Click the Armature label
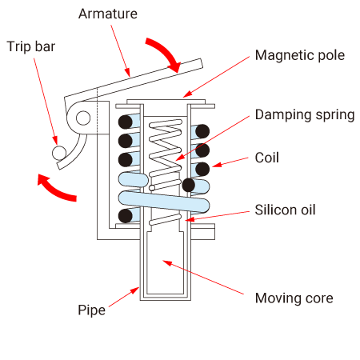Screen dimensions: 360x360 108,14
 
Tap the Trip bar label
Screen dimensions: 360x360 31,46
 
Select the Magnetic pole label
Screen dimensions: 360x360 300,55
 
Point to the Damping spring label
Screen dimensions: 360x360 305,115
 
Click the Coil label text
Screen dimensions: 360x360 267,158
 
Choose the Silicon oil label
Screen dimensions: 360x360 285,210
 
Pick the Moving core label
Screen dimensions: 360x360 294,298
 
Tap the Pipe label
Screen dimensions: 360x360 91,310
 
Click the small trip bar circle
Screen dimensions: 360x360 58,153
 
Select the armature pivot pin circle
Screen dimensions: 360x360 83,118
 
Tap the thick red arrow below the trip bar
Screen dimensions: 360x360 54,189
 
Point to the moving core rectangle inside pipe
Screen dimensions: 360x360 166,262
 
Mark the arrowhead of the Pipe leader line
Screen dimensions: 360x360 136,290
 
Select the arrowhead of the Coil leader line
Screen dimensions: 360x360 217,165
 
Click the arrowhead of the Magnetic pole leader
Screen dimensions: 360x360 186,94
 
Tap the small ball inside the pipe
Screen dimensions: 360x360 152,188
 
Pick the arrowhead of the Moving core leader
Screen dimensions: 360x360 166,262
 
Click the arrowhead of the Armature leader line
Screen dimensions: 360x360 128,73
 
